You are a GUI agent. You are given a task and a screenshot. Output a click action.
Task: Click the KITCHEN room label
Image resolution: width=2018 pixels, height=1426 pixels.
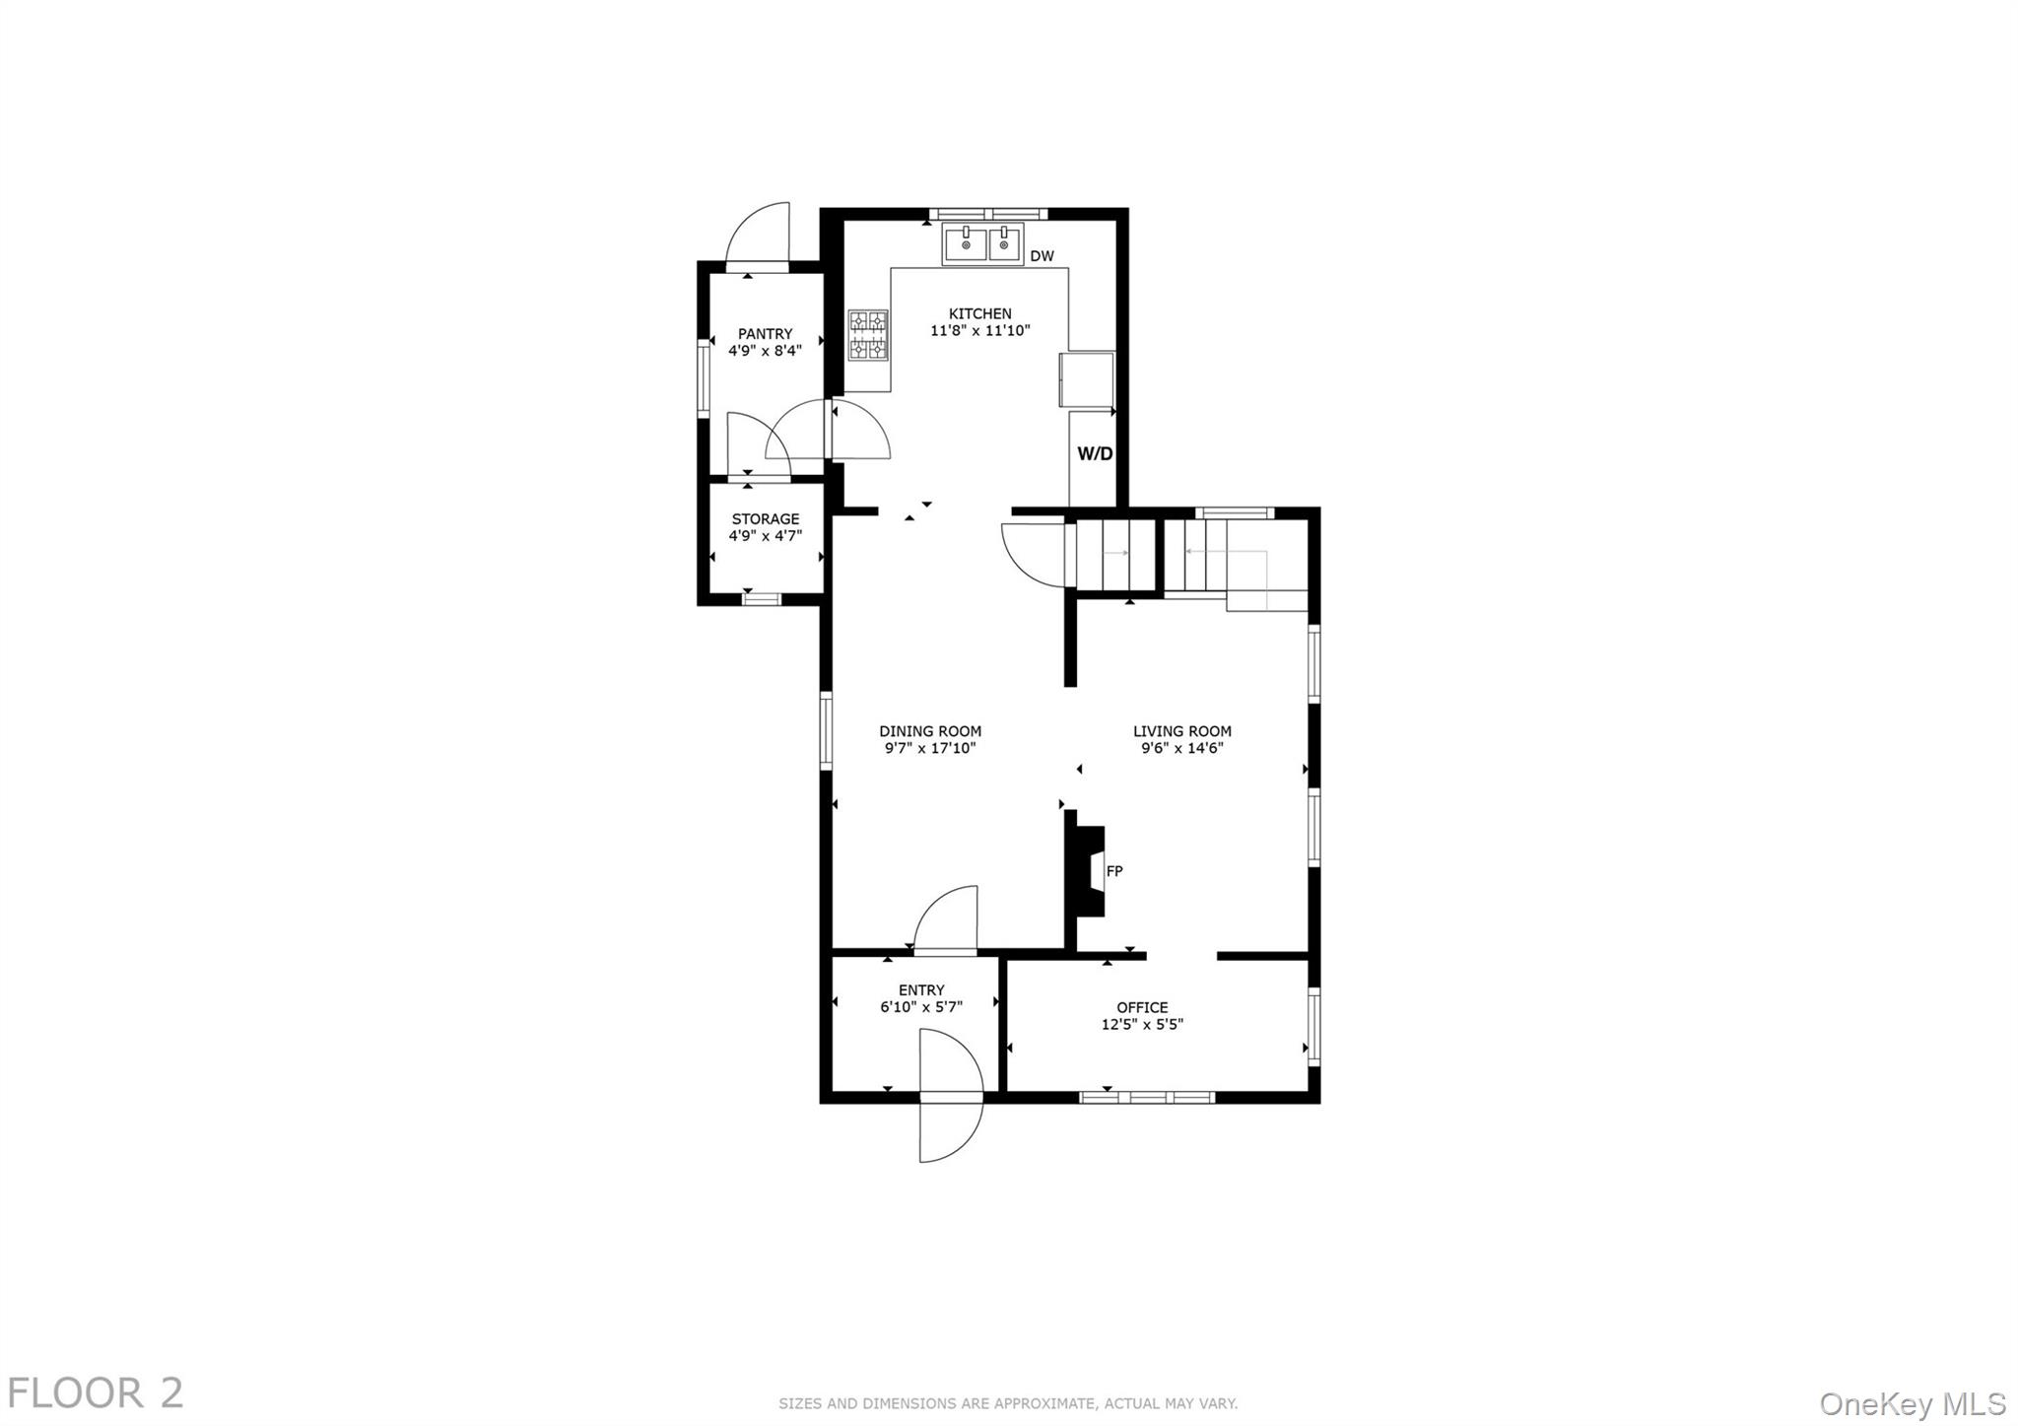click(x=979, y=313)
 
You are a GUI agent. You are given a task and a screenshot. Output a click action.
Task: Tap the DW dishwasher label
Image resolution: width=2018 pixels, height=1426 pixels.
click(x=1042, y=256)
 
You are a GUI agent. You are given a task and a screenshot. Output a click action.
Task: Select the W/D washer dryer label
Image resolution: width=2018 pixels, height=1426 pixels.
click(x=1094, y=454)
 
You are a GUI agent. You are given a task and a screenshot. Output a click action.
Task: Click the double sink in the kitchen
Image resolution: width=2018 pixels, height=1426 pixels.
click(x=983, y=243)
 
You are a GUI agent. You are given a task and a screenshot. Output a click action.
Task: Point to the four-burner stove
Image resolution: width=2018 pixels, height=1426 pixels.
click(x=868, y=335)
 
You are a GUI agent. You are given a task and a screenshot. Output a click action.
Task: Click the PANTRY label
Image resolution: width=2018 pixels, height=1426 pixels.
click(x=765, y=334)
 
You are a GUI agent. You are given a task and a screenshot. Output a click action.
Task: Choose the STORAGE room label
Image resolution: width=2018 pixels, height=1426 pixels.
click(x=765, y=519)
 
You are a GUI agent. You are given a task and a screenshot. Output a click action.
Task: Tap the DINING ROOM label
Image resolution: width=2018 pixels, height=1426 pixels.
click(x=930, y=731)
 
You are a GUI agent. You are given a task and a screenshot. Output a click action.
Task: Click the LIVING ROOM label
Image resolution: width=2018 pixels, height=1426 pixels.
click(x=1181, y=731)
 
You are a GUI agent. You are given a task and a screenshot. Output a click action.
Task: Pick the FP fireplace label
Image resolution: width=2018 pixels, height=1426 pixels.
click(x=1114, y=871)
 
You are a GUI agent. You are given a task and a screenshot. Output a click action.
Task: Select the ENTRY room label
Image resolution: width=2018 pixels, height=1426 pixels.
click(x=921, y=990)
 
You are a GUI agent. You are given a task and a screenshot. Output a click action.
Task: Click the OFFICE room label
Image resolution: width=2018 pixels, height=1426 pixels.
click(x=1142, y=1007)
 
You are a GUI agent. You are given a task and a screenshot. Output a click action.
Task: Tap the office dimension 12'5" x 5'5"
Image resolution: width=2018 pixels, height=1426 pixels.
click(x=1142, y=1025)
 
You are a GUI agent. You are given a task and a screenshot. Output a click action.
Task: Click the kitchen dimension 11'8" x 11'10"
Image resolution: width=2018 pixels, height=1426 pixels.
click(x=979, y=331)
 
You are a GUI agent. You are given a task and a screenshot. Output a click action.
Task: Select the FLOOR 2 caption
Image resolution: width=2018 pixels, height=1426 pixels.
click(x=96, y=1393)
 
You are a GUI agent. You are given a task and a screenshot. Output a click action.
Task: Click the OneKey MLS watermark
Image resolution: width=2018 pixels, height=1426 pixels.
click(x=1913, y=1403)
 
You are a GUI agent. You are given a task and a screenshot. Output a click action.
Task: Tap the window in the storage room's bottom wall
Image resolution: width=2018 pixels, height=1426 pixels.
click(x=761, y=598)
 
